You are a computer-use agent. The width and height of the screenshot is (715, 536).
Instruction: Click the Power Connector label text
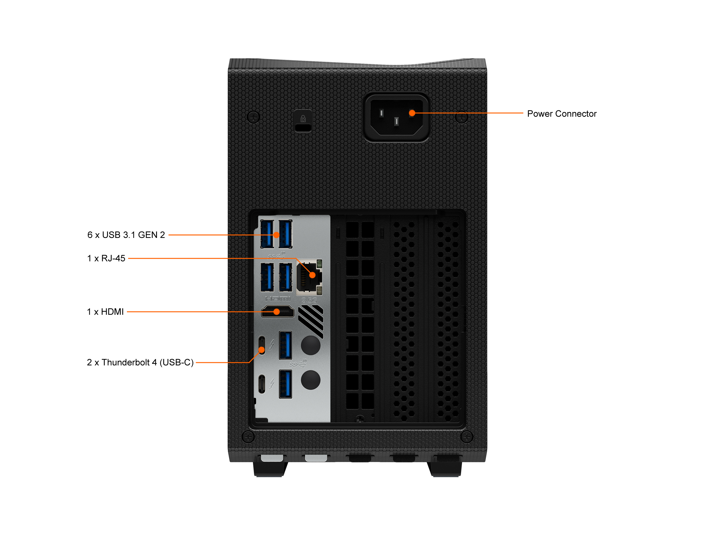coord(561,114)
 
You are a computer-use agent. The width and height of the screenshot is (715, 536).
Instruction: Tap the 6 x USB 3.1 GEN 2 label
coord(126,235)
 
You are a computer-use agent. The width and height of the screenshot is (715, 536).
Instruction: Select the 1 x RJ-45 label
coord(106,258)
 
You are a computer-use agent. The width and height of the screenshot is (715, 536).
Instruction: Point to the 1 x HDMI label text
coord(106,312)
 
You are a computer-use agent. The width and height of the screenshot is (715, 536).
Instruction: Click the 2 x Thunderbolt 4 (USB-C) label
coord(140,363)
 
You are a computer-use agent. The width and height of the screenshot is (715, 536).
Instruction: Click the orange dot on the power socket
coord(412,113)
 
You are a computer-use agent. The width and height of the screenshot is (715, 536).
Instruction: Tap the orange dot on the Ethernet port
coord(312,275)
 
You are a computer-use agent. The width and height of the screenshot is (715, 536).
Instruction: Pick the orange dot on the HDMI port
coord(277,312)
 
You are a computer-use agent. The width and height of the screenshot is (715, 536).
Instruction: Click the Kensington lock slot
coord(303,127)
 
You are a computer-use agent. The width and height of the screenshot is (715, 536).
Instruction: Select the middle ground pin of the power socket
coord(396,122)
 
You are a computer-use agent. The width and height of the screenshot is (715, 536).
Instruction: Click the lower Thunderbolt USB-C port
coord(262,384)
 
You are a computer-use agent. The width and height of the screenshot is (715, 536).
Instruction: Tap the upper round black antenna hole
coord(310,345)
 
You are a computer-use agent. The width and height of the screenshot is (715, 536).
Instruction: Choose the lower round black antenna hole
coord(310,380)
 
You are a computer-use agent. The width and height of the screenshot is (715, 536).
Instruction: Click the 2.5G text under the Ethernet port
coord(309,300)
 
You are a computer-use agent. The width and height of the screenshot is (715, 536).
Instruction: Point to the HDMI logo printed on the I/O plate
coord(278,299)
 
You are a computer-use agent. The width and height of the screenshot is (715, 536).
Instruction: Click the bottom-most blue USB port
coord(286,384)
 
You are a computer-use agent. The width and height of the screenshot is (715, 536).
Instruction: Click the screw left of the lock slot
coord(253,117)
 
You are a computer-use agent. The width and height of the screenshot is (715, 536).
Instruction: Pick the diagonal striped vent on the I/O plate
coord(311,321)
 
